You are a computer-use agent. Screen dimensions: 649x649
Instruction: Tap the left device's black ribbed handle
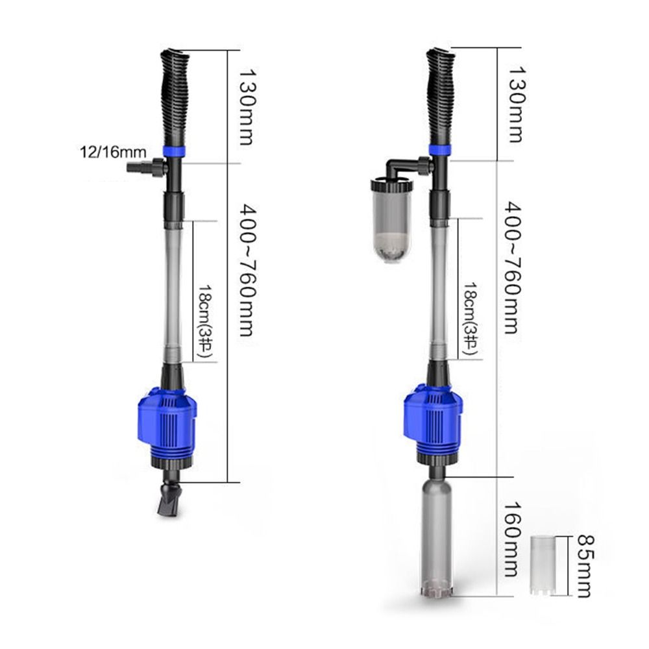tap(175, 97)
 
